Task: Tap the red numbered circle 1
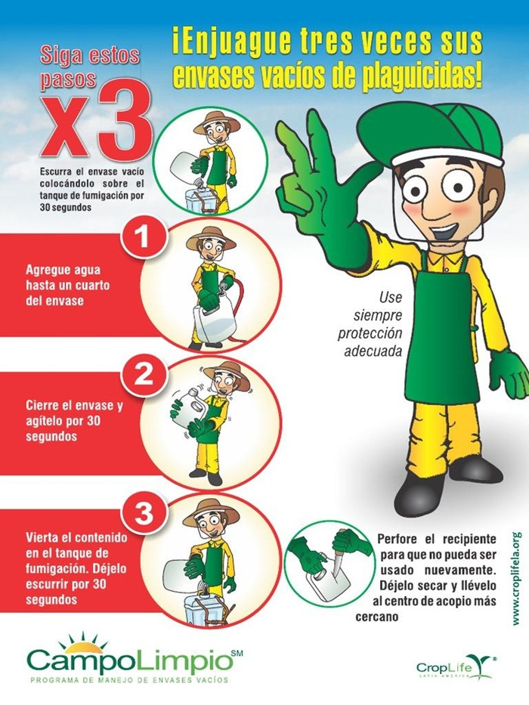[x=143, y=237]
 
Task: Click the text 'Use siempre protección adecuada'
[x=370, y=323]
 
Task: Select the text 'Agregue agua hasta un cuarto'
[x=67, y=278]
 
